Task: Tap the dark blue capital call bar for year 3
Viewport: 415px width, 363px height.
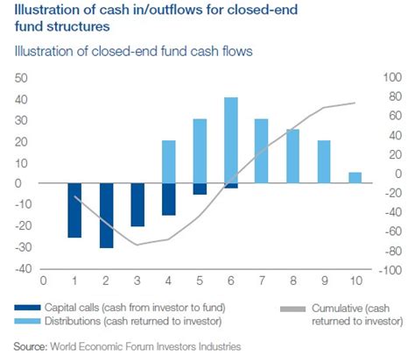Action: pos(137,205)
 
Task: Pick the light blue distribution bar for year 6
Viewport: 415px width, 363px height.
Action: pos(231,140)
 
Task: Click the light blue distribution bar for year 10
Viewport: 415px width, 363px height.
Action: pos(355,178)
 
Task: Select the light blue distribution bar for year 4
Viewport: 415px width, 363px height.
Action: pos(169,162)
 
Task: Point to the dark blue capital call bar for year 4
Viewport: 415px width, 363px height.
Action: pos(169,200)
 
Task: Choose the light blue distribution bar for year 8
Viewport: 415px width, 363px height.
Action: pos(292,156)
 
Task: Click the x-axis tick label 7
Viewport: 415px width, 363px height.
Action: pos(262,281)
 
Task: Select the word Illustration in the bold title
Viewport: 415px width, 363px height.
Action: pos(39,11)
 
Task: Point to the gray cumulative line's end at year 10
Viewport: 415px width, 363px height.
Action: pos(355,103)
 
